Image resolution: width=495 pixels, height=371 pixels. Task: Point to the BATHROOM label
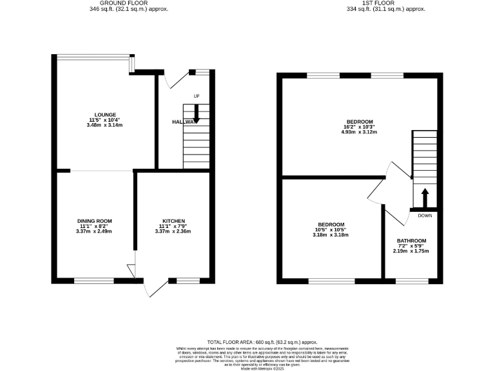[411, 240]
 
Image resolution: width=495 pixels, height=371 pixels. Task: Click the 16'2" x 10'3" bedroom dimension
[360, 127]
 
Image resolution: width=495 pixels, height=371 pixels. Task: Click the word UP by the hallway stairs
[197, 97]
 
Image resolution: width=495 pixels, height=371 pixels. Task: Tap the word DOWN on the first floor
[425, 215]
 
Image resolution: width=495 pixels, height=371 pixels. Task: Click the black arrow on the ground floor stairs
[197, 117]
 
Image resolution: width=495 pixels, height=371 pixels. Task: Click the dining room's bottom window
[95, 280]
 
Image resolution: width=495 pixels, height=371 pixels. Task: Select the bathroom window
[411, 280]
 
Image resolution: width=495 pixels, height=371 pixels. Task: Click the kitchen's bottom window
[188, 280]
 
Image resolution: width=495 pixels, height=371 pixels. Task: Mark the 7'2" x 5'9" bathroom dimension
[411, 245]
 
